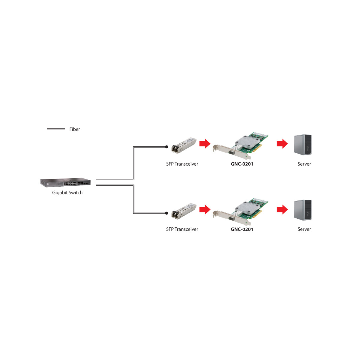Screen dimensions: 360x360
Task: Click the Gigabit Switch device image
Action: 65,182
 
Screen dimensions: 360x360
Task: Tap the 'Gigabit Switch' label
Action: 67,193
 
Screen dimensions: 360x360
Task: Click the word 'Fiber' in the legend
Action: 74,129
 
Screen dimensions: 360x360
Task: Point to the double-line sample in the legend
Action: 56,129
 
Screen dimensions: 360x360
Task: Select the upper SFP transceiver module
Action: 184,146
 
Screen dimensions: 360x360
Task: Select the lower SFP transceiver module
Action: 184,211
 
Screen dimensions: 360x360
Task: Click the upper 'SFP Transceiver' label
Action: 182,164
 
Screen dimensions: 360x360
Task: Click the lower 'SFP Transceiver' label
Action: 182,229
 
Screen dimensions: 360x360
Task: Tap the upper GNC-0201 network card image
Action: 241,146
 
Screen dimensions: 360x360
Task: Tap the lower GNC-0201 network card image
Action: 241,212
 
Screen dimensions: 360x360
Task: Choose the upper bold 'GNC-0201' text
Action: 242,164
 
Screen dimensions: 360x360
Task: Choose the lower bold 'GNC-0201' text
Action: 242,229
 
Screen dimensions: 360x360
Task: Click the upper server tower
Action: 303,145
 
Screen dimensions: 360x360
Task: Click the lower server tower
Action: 303,210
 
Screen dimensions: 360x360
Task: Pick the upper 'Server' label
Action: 304,164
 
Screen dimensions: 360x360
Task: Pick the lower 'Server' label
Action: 304,229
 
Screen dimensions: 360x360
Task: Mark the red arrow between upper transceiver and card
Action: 205,144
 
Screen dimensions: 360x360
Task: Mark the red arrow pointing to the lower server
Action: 282,209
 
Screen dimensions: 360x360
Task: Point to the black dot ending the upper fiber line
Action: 166,147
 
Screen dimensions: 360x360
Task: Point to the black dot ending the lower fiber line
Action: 166,213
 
